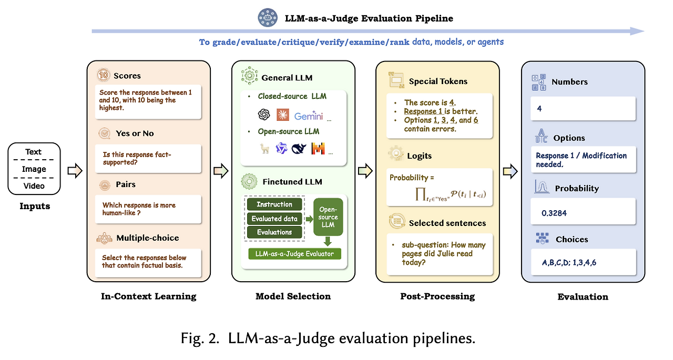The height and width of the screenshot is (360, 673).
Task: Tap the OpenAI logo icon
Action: [263, 115]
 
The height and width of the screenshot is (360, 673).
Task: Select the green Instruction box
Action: [274, 204]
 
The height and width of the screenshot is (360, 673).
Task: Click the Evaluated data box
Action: [274, 219]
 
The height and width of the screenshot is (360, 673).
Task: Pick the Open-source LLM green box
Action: [328, 217]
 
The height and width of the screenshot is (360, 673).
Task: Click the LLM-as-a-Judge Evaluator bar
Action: [294, 254]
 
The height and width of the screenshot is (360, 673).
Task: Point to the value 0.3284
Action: [554, 214]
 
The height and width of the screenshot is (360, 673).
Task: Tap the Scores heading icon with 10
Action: [104, 76]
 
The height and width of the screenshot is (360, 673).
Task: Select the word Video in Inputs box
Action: [34, 186]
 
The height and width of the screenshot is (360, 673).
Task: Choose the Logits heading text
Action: [420, 156]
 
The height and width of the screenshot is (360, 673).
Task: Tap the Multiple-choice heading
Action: [147, 238]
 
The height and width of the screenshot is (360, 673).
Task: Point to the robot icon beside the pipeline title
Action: [267, 18]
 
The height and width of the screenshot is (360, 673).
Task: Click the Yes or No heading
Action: [135, 133]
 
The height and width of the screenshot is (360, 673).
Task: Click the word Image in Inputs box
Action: [34, 169]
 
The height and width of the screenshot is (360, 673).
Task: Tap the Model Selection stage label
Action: [293, 296]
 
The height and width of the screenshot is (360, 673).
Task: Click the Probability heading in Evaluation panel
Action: [577, 188]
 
